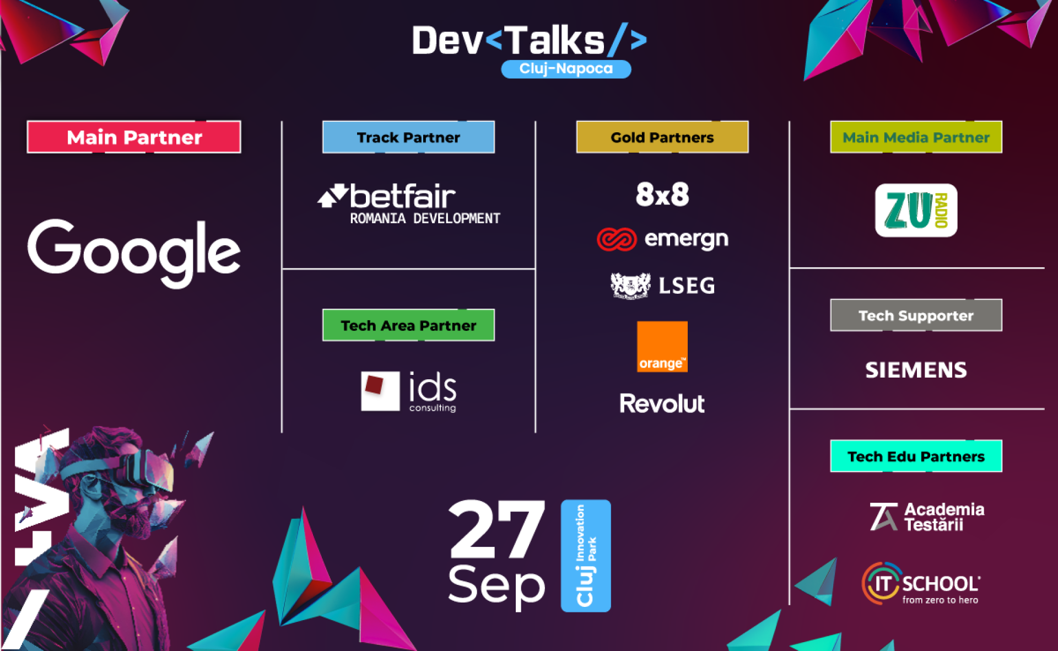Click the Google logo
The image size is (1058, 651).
(x=134, y=252)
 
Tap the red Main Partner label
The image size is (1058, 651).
(x=134, y=137)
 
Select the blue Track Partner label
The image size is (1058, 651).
(x=408, y=137)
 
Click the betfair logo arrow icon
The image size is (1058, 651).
(x=333, y=196)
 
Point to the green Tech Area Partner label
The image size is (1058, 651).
(x=408, y=325)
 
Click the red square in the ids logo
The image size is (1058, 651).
(x=374, y=385)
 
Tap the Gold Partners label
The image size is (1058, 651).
(x=662, y=137)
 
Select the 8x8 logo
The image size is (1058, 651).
(x=662, y=195)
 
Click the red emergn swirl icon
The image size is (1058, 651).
(x=617, y=239)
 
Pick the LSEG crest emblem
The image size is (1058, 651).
(x=630, y=286)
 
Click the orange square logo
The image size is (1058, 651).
(x=662, y=347)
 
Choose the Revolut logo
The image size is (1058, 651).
(x=662, y=403)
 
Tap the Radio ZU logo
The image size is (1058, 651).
(x=916, y=210)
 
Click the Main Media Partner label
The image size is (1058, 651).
(x=916, y=137)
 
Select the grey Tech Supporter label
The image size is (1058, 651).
(x=916, y=315)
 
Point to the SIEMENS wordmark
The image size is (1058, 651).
(x=916, y=370)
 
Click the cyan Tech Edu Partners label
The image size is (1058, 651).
(x=916, y=456)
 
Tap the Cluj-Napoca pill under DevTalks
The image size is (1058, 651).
(x=566, y=69)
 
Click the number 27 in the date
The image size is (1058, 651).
(x=497, y=529)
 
